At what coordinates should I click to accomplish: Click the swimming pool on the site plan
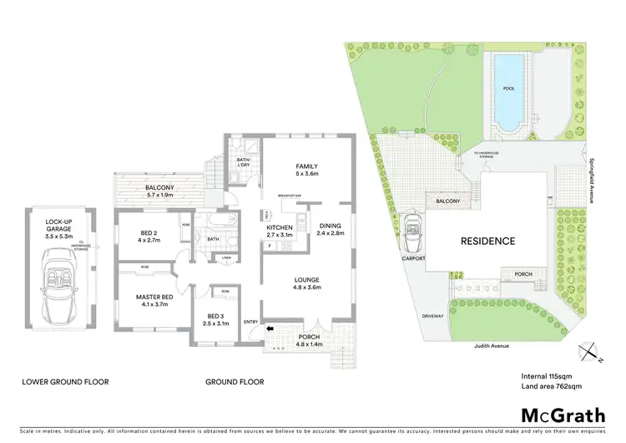click(x=509, y=92)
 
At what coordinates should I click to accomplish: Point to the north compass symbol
click(x=593, y=354)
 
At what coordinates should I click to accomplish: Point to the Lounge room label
click(x=305, y=283)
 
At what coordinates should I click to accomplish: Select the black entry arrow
click(x=270, y=329)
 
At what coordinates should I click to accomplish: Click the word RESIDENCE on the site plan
click(x=488, y=241)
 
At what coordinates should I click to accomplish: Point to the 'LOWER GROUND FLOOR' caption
click(x=64, y=381)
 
